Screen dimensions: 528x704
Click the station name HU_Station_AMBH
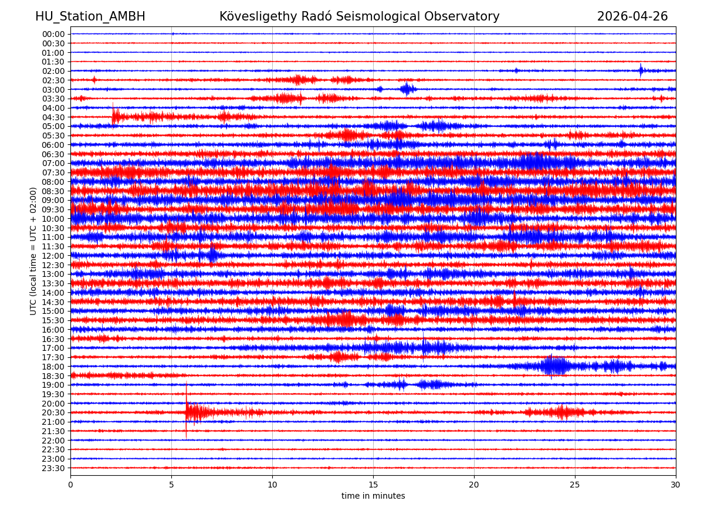(90, 16)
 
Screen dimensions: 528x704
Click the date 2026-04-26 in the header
(632, 16)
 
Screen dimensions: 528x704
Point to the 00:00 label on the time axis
(53, 34)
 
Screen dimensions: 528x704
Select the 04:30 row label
(53, 117)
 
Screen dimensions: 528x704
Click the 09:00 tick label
(53, 200)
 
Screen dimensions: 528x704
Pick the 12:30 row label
(53, 265)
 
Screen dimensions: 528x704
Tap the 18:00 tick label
(53, 367)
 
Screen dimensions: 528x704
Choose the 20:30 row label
(53, 413)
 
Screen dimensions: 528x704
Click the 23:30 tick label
(53, 468)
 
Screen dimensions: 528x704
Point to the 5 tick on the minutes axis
(171, 485)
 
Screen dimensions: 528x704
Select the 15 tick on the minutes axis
(373, 485)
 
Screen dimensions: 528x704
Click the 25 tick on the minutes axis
(575, 485)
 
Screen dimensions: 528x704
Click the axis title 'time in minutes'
(373, 496)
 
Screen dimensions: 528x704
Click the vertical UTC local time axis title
(33, 251)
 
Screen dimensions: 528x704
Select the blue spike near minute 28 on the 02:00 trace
(641, 70)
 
